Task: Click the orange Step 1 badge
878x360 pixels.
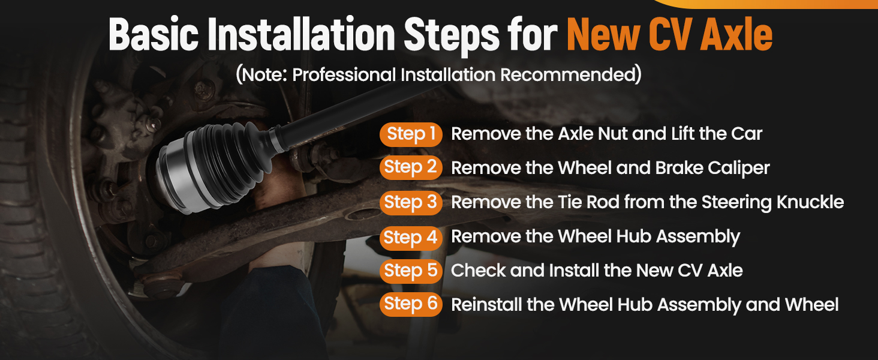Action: (411, 134)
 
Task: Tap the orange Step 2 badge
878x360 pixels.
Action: (411, 167)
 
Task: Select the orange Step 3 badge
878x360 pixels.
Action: (411, 203)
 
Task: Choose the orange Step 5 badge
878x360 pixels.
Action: (411, 271)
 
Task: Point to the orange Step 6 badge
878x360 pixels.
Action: (411, 304)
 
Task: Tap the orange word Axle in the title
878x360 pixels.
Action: (736, 35)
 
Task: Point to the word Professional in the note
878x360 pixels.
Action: (344, 74)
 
